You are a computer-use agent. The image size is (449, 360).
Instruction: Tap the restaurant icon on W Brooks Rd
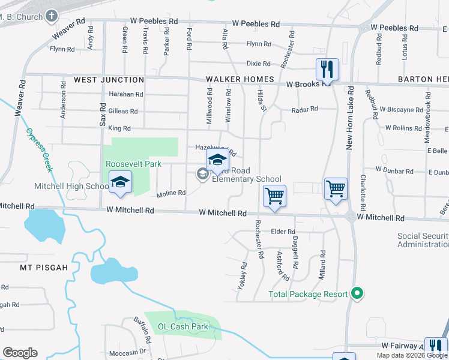(327, 69)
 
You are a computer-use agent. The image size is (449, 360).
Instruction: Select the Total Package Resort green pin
(358, 294)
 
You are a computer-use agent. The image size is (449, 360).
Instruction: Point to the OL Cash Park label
(182, 327)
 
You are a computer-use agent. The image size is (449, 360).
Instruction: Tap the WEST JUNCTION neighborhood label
(109, 80)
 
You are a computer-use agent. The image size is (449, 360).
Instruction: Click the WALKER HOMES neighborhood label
(240, 79)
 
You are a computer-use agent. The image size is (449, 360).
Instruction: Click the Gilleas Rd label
(123, 111)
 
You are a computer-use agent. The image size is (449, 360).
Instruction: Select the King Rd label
(119, 128)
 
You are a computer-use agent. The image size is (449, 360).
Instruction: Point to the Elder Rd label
(283, 232)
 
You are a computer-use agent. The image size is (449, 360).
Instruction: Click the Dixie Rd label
(259, 63)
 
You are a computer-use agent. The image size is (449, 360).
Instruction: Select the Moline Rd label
(170, 193)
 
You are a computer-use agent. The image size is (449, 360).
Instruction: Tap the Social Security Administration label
(423, 240)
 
